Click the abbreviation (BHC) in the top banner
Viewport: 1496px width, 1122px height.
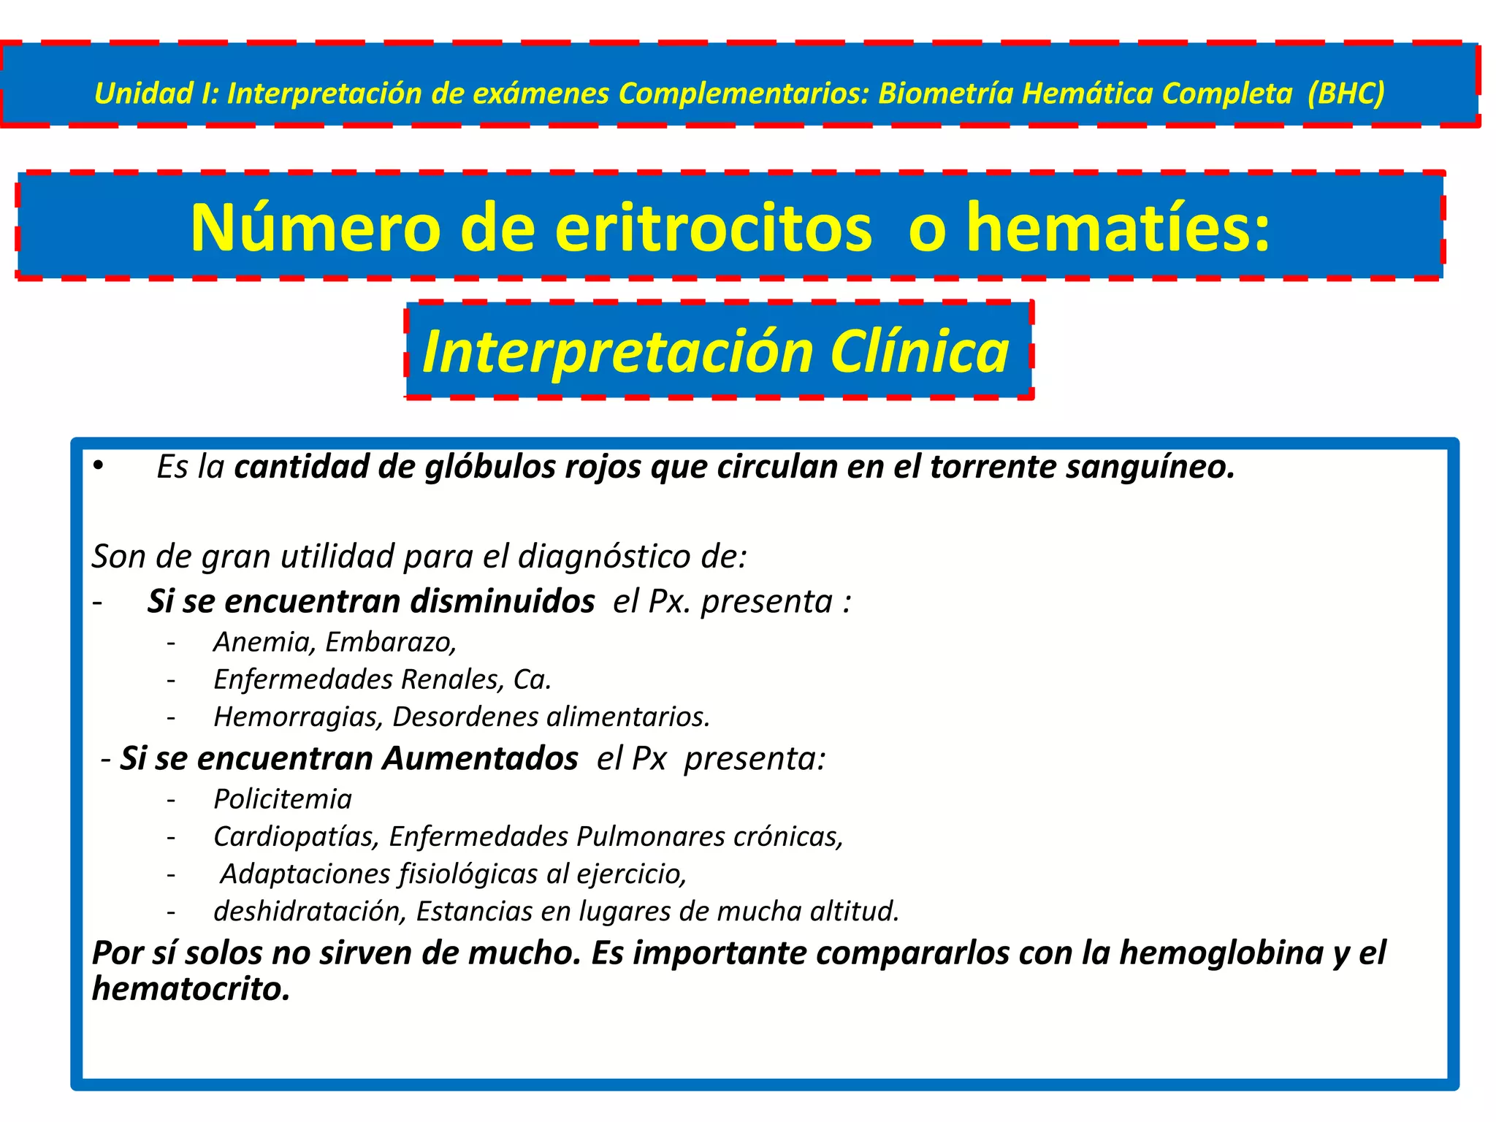[x=1346, y=93]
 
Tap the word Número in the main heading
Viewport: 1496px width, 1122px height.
[x=316, y=227]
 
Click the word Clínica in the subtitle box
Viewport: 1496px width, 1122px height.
[x=920, y=351]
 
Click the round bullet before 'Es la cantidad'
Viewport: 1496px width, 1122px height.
[x=99, y=466]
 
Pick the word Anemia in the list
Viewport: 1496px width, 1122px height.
[x=264, y=642]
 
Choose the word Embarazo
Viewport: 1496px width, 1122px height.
[x=391, y=642]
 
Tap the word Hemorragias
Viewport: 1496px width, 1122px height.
[x=298, y=717]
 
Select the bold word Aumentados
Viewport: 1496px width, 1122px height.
[x=481, y=759]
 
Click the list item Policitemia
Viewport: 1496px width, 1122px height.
[x=283, y=799]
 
